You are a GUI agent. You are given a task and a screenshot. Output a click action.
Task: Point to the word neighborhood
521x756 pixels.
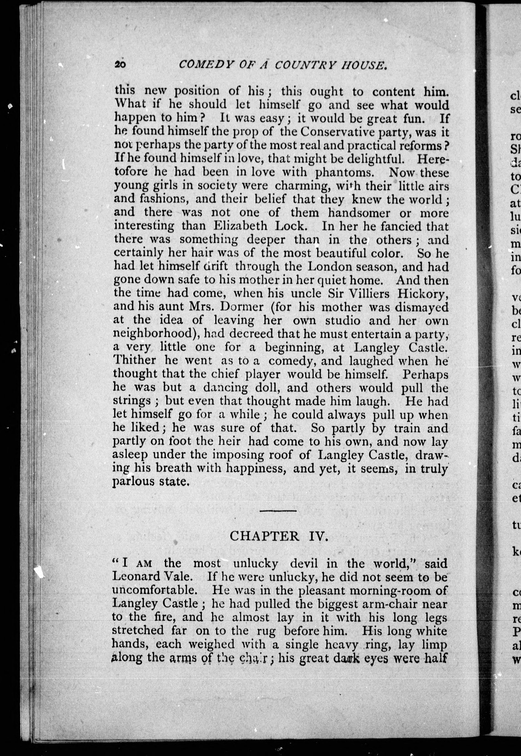152,334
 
